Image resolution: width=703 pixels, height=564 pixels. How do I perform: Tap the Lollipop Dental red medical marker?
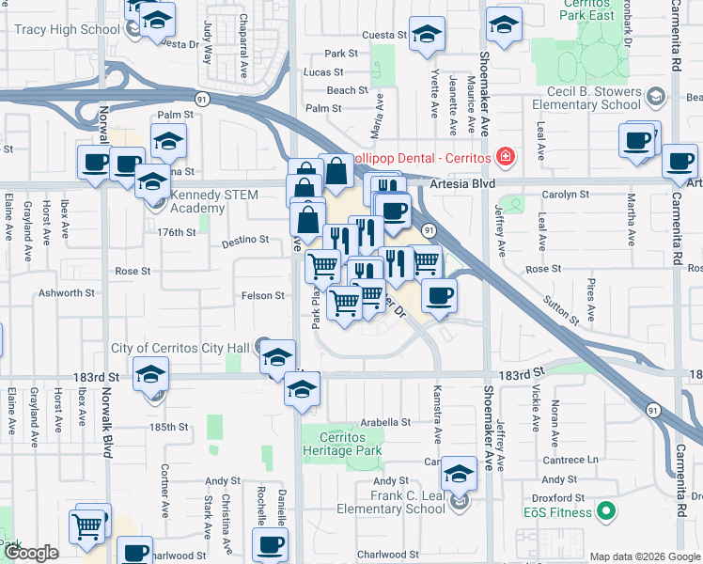click(506, 155)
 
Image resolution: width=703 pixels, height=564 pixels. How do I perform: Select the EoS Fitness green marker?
click(606, 512)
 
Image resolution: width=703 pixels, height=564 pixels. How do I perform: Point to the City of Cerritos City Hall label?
click(180, 349)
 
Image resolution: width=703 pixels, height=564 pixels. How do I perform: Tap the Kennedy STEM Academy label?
click(211, 202)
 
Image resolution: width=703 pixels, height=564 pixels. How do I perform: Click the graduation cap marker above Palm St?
click(168, 141)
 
